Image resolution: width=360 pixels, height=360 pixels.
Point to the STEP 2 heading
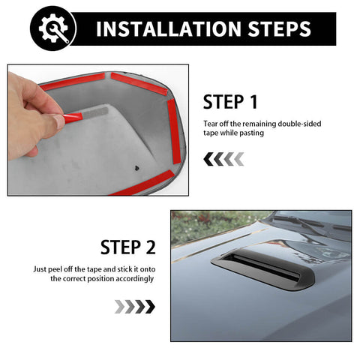[x=128, y=247]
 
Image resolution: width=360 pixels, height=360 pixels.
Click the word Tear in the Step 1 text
[x=211, y=123]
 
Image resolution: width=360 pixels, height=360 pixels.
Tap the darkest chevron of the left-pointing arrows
[x=208, y=158]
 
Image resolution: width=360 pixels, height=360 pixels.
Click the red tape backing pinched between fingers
[x=72, y=118]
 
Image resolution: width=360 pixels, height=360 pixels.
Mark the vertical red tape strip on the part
[x=174, y=130]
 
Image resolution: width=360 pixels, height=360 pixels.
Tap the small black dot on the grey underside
[x=136, y=167]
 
